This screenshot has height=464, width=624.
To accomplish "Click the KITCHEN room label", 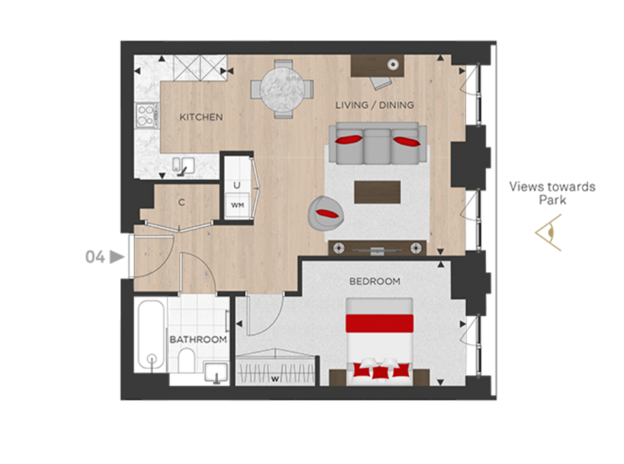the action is tap(201, 117).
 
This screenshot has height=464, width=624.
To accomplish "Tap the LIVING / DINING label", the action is tap(374, 105).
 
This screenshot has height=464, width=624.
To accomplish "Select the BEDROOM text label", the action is tap(375, 282).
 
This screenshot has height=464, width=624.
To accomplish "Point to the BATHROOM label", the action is tap(198, 339).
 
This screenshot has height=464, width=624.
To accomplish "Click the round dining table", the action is tap(282, 89).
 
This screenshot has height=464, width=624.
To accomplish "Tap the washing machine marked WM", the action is tap(237, 205).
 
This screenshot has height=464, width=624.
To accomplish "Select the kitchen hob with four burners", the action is tap(146, 116).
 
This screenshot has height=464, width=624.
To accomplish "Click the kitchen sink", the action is tap(183, 165).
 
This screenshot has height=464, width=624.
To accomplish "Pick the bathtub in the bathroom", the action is tap(151, 335).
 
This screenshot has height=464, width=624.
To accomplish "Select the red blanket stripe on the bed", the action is tap(380, 324).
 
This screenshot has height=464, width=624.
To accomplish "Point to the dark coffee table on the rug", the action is tap(378, 192).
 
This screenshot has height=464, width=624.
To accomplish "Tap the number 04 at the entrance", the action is tap(95, 257).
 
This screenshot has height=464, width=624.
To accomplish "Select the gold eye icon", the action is tap(549, 233).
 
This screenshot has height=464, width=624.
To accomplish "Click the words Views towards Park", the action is tap(553, 193).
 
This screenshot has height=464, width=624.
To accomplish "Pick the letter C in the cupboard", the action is tap(182, 203).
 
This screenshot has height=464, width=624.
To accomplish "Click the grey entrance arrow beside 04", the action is tap(117, 257).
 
